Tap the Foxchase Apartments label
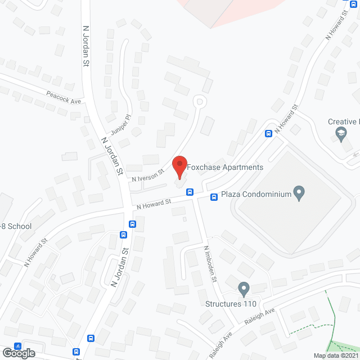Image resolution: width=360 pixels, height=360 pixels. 225,167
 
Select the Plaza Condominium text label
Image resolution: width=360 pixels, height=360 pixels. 256,195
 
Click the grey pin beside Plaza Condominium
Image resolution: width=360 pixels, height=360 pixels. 299,193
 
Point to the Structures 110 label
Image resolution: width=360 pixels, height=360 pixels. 231,304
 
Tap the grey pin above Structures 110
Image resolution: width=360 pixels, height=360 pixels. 244,289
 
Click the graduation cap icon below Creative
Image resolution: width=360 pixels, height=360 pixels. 340,134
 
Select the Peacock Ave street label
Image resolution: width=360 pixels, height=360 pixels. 64,97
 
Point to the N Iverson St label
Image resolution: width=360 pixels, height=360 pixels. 147,174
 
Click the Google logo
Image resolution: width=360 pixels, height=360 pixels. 18,353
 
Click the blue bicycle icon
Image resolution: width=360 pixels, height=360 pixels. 17,346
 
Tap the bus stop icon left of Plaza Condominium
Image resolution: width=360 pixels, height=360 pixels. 214,197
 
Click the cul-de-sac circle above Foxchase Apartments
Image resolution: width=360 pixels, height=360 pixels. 198,101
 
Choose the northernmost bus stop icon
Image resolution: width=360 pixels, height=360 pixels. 269,134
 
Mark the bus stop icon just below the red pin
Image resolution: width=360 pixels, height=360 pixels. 190,192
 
